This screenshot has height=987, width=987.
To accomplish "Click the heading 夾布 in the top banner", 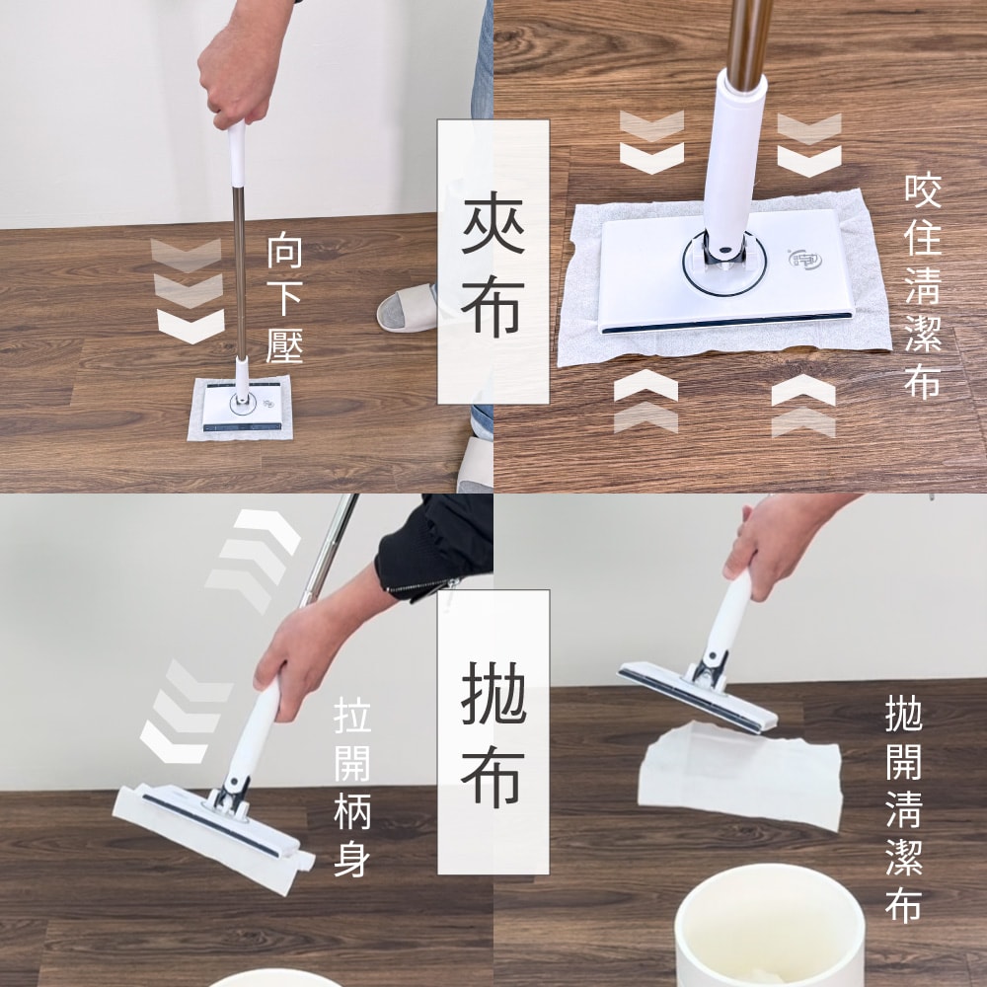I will tap(493, 262).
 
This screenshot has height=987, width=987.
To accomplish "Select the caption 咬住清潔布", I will tap(923, 287).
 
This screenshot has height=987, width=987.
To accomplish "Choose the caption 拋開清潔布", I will tap(903, 809).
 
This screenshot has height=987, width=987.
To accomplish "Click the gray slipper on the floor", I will tap(408, 307).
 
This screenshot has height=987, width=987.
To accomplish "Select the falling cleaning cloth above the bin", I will tap(740, 775).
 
